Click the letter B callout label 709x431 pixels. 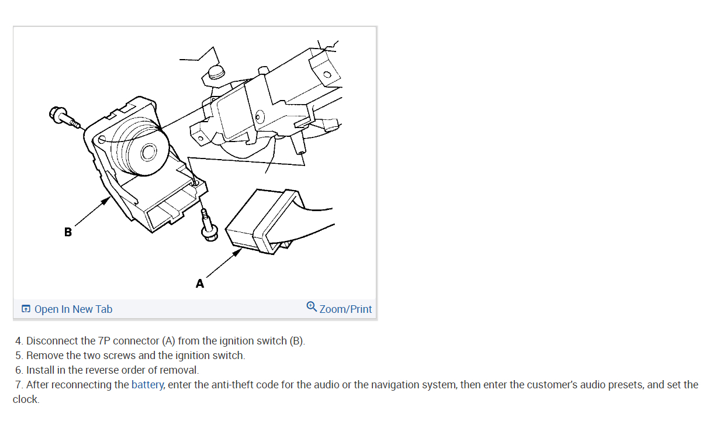tap(68, 232)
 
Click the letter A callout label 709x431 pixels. tap(200, 284)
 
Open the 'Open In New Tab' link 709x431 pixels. tap(73, 309)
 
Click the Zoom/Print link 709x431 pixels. tap(345, 309)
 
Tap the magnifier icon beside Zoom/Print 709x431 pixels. tap(312, 306)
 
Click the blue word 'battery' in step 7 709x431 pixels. tap(147, 385)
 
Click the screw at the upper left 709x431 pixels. tap(63, 116)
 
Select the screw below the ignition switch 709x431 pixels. tap(208, 229)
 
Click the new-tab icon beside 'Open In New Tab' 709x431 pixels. tap(26, 309)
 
